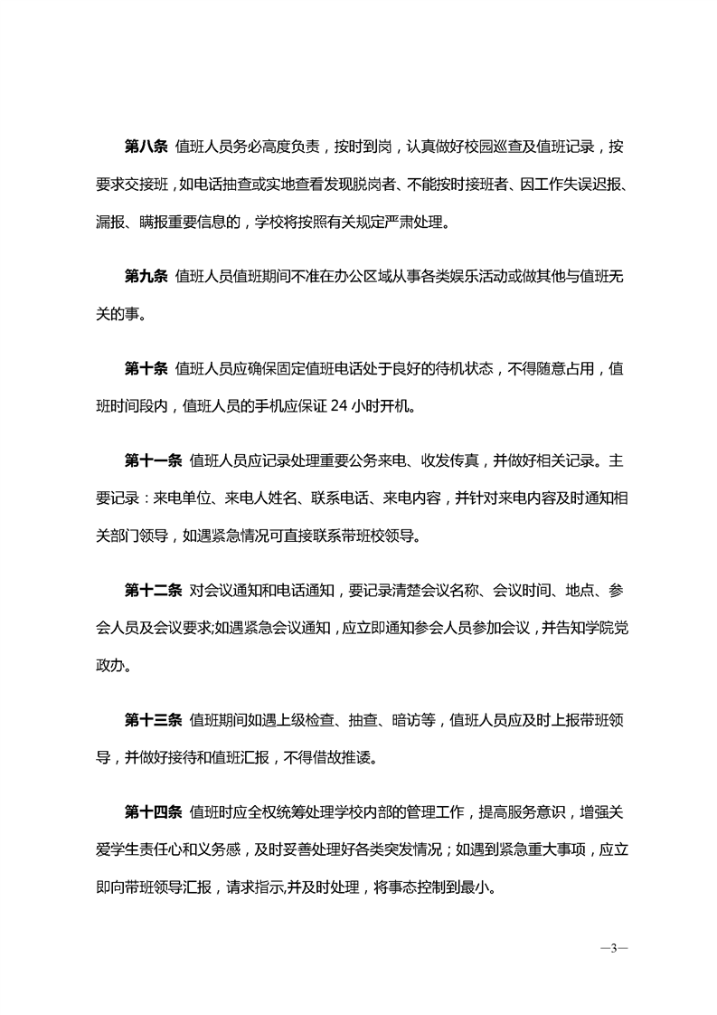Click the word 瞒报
167,225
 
